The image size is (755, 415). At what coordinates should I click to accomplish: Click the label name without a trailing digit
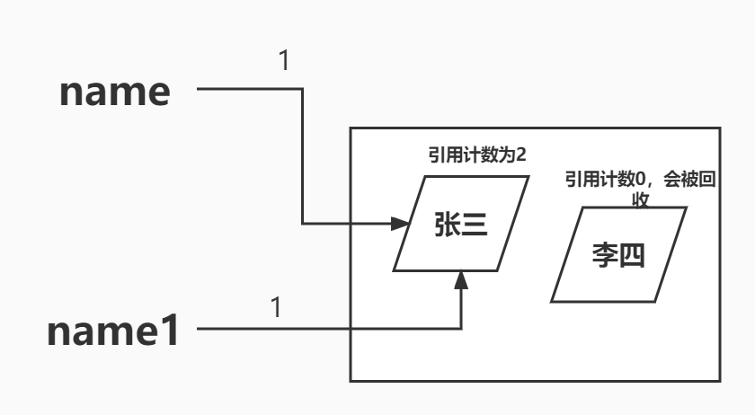coord(114,93)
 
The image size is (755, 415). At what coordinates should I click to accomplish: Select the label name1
coord(114,331)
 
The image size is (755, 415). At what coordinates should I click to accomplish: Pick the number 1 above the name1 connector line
coord(276,307)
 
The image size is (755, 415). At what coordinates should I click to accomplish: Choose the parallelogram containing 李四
coord(618,254)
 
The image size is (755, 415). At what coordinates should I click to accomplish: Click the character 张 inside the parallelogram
coord(447,224)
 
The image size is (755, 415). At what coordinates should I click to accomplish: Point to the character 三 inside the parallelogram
coord(475,224)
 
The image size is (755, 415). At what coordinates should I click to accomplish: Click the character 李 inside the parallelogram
coord(604,255)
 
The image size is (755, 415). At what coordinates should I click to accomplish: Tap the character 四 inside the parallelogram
coord(633,255)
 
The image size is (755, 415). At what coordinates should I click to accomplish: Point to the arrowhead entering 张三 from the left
coord(401,223)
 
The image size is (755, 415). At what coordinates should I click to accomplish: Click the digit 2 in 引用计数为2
coord(520,155)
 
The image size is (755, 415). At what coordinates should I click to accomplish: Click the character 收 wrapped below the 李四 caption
coord(641,199)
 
